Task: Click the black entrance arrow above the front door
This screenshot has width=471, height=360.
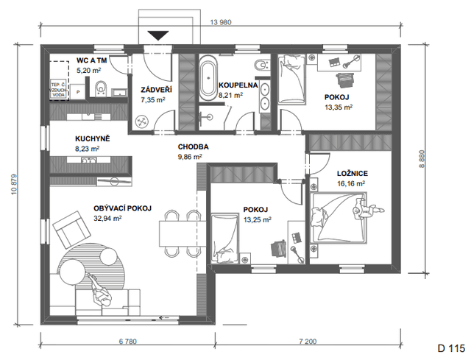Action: point(158,35)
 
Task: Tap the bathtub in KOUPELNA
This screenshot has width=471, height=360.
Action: point(208,77)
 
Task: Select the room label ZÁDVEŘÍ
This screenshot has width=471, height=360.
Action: point(157,90)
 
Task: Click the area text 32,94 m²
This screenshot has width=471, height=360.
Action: point(107,219)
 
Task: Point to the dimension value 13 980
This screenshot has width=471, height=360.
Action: point(221,22)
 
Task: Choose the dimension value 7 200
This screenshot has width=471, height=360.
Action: point(308,342)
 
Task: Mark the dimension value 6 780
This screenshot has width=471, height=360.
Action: point(127,342)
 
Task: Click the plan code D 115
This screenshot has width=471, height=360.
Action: point(451,348)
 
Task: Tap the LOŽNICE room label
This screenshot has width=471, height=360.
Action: point(353,174)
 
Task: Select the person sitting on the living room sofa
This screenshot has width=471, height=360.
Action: point(101,290)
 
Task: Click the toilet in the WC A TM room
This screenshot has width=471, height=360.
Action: point(101,88)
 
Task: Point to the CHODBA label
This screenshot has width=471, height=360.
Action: point(193,147)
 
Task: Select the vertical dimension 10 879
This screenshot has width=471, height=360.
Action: point(14,185)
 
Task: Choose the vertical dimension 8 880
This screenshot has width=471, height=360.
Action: point(422,159)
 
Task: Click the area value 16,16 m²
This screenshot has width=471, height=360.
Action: point(351,183)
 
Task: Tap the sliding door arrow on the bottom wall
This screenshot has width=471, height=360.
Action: point(164,317)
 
